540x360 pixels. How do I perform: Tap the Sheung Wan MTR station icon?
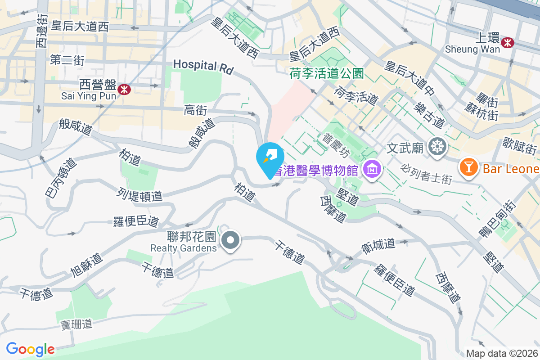508,43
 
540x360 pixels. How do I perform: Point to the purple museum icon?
373,169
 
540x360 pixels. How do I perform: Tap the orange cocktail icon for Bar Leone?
468,168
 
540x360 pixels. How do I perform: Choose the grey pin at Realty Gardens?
231,240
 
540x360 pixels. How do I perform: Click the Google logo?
31,349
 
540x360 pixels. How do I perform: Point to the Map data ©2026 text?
501,353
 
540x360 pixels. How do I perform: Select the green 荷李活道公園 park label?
327,73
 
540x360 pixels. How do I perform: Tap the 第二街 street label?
67,60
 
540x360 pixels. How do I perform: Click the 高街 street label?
195,109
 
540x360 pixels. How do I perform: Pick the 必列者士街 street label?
426,173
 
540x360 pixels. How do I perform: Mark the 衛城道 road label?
378,245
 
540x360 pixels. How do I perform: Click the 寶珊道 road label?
76,324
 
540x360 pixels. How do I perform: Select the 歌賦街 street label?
520,146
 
